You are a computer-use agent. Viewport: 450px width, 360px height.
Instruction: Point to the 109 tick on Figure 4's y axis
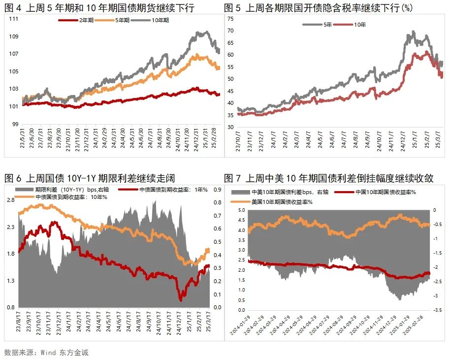[x=14, y=37]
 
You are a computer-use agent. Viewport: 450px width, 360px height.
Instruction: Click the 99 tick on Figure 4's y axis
[x=15, y=124]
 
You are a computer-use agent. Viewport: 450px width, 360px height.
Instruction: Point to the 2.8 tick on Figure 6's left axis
[x=10, y=200]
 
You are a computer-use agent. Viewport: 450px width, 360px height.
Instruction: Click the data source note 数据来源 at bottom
[x=46, y=353]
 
